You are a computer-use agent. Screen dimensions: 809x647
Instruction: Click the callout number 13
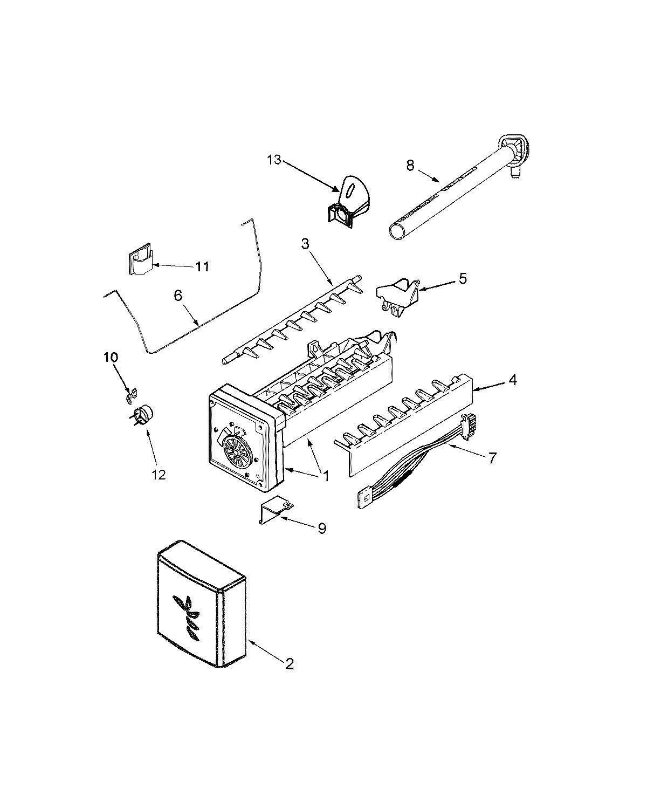(x=274, y=160)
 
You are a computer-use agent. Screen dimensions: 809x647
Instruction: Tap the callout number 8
(x=410, y=166)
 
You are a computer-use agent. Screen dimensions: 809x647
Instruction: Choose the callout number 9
(x=321, y=528)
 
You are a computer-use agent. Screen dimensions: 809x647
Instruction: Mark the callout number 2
(x=290, y=664)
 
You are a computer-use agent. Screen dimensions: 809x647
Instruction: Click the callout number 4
(x=512, y=380)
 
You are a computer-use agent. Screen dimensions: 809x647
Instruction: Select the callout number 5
(x=463, y=279)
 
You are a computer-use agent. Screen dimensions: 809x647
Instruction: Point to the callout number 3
(x=305, y=244)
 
